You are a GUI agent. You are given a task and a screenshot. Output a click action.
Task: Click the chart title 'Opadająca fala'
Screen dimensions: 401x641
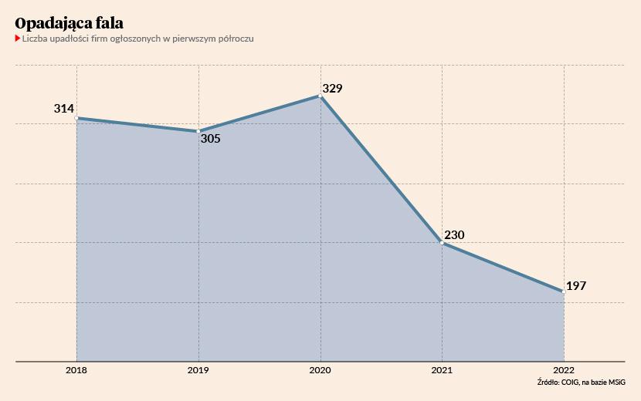pos(69,23)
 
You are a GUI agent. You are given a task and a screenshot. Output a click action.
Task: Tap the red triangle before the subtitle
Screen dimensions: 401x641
pos(18,39)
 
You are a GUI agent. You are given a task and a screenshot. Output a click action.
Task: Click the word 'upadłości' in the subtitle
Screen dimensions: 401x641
pos(70,39)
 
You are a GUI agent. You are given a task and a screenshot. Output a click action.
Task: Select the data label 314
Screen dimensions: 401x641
pos(64,109)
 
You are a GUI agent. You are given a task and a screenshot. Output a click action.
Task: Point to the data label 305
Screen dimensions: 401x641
pos(210,140)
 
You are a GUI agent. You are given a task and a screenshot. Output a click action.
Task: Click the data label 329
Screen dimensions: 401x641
pos(332,89)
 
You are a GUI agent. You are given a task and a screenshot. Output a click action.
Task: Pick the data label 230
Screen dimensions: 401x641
pos(454,235)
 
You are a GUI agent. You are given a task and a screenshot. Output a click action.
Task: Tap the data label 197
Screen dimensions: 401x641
pos(576,286)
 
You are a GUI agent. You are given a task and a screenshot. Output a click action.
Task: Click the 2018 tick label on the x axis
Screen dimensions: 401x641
pos(76,371)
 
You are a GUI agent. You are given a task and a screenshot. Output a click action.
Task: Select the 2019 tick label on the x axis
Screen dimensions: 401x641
pos(198,371)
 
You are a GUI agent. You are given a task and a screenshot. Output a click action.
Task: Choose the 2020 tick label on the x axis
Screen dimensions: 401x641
pos(320,371)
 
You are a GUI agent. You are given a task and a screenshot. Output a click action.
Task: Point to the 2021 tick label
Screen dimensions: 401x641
pos(442,371)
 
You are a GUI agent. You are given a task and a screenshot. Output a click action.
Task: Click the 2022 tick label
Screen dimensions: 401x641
pos(564,371)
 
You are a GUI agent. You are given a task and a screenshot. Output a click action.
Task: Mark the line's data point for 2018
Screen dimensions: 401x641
pos(76,118)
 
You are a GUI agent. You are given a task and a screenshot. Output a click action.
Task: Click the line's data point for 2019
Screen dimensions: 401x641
pos(198,131)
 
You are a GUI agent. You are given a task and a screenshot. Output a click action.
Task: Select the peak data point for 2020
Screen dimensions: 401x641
pos(320,96)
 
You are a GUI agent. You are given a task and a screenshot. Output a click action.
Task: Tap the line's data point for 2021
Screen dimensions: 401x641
pos(442,242)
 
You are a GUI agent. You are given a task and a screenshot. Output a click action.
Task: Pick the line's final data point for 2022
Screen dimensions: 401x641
pos(564,291)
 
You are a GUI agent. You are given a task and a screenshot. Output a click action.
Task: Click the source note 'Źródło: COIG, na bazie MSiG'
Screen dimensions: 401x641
pos(581,383)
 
